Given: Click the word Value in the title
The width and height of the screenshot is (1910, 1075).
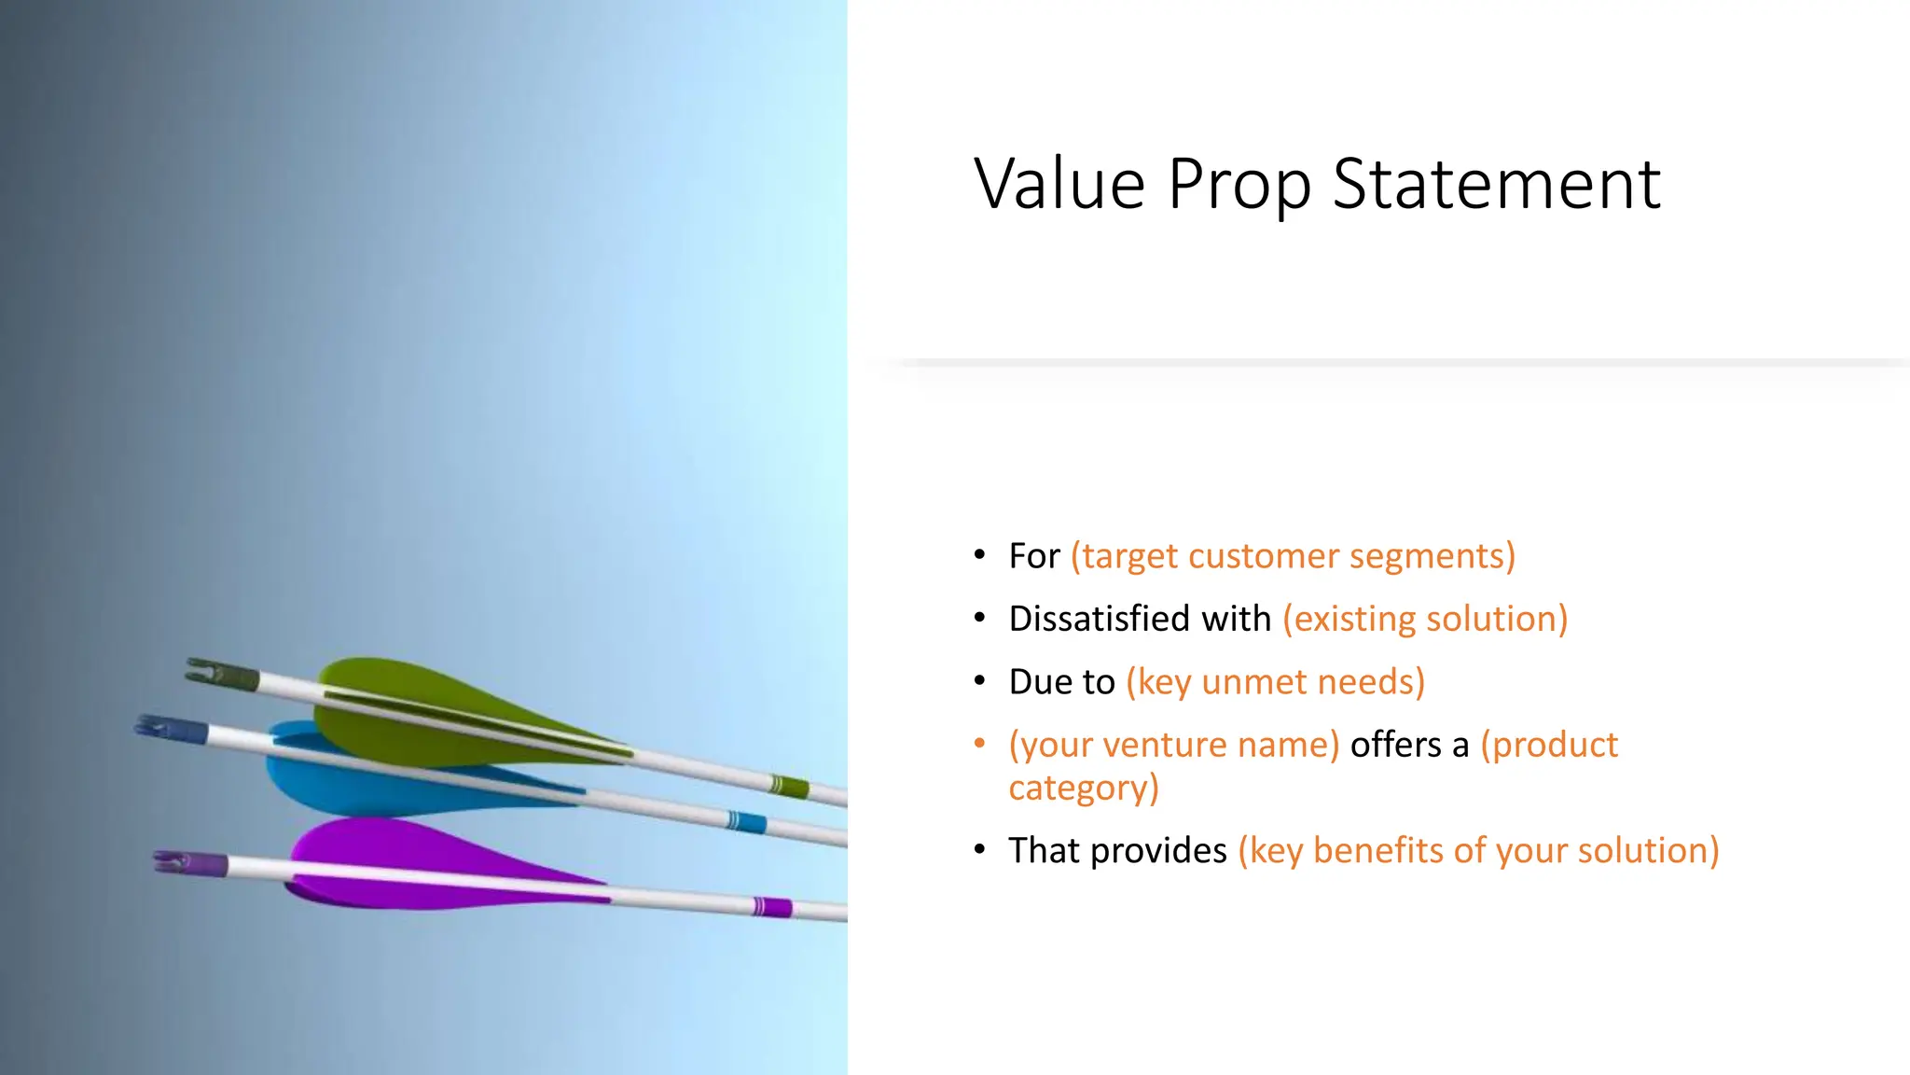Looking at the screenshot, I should [1059, 185].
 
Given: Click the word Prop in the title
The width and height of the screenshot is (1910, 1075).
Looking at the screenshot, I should [1239, 185].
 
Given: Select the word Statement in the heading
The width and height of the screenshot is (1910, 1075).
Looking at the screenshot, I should [1496, 185].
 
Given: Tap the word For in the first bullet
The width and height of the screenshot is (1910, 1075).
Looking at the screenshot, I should [1034, 556].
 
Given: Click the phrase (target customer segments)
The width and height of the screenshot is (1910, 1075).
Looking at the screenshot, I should [1293, 556].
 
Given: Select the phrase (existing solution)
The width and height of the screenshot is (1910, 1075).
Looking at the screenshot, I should [1425, 619].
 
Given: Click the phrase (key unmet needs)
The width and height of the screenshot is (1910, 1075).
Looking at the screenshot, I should [1275, 682].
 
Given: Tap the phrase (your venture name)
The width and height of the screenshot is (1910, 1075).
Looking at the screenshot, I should [1174, 745].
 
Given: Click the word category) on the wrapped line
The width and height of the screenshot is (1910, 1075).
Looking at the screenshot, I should [1084, 789].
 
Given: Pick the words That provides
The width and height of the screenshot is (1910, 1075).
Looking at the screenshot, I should [1117, 851].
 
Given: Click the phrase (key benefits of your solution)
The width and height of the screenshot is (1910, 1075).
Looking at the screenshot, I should [1478, 851].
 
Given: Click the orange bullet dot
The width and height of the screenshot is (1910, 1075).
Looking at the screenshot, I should [979, 744].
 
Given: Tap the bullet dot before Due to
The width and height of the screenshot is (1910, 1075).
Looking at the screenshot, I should [979, 681].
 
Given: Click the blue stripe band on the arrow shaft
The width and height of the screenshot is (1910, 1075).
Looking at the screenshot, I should [746, 822].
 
